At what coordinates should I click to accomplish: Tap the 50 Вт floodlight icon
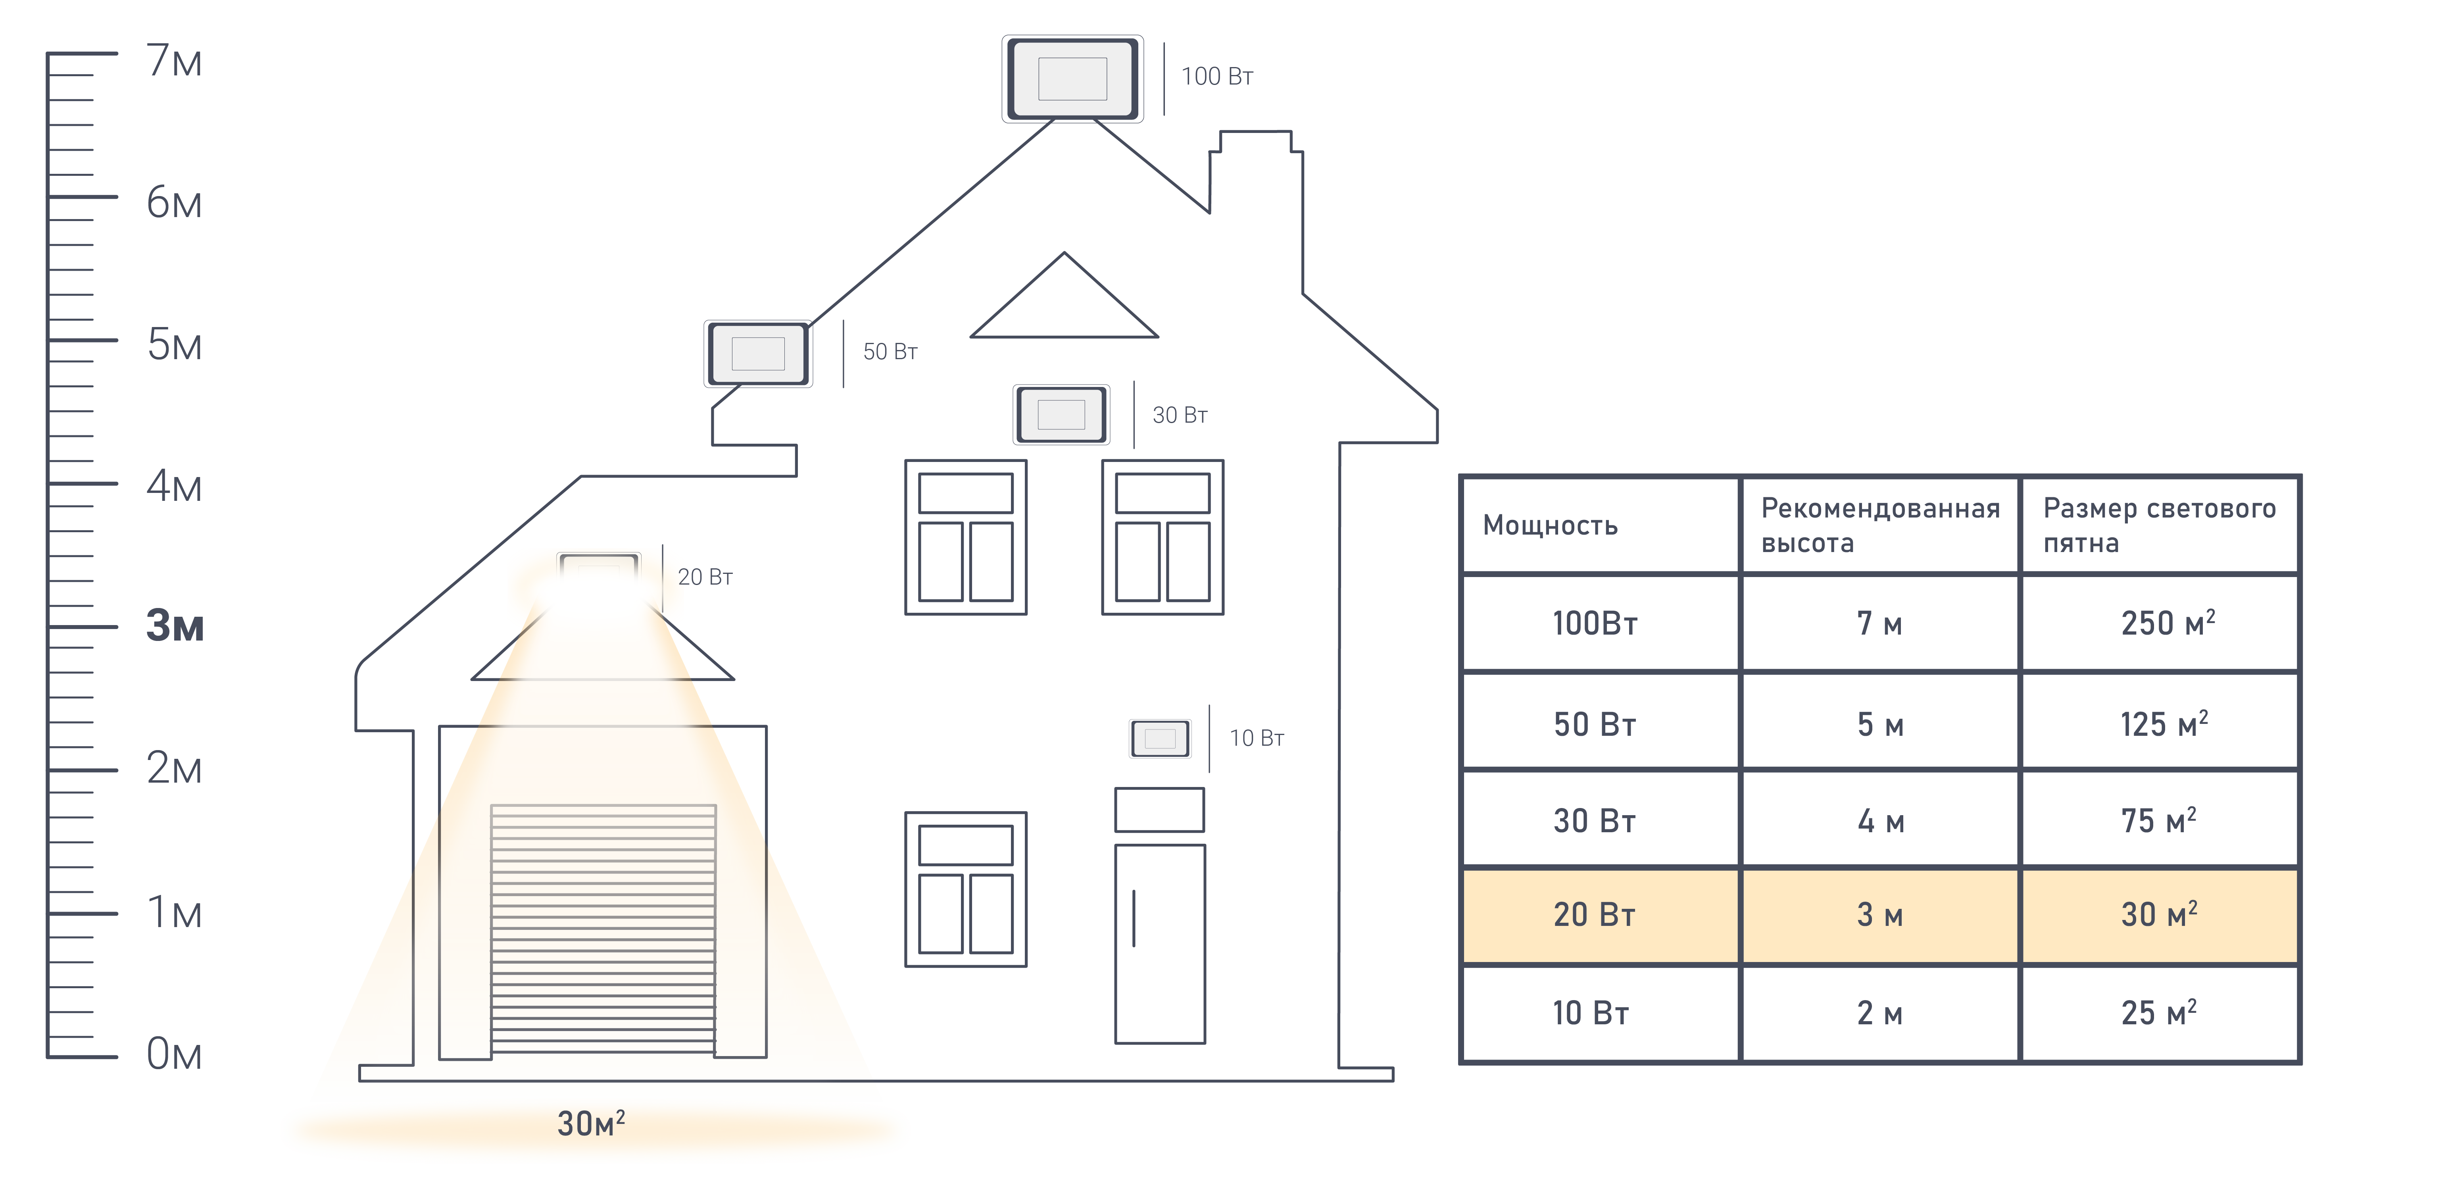point(758,353)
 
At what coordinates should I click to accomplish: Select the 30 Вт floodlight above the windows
point(1061,414)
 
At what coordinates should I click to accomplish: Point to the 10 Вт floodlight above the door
point(1159,738)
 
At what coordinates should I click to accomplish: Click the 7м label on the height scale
point(174,61)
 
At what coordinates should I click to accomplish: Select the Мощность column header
point(1550,525)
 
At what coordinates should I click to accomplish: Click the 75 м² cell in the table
point(2158,820)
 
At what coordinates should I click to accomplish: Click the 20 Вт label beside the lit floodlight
point(704,577)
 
